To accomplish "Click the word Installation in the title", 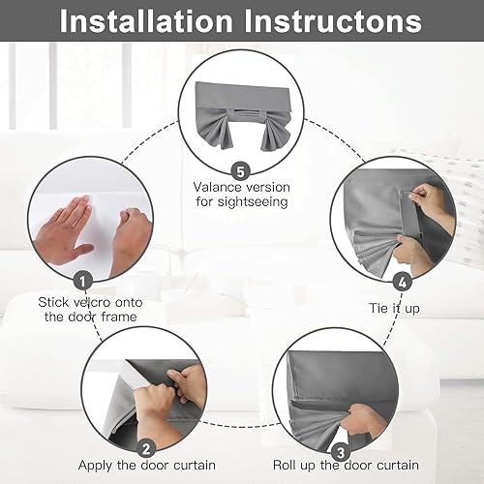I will point(155,20).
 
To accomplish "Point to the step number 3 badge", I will point(337,452).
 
